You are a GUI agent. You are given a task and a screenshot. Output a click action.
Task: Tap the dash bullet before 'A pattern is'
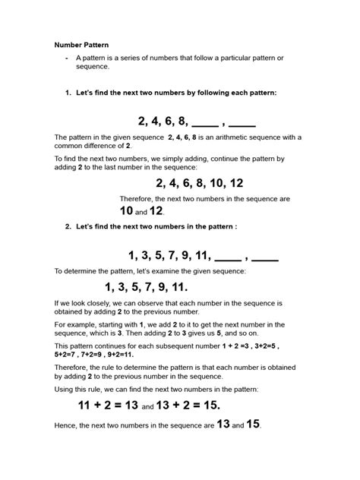[x=68, y=58]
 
